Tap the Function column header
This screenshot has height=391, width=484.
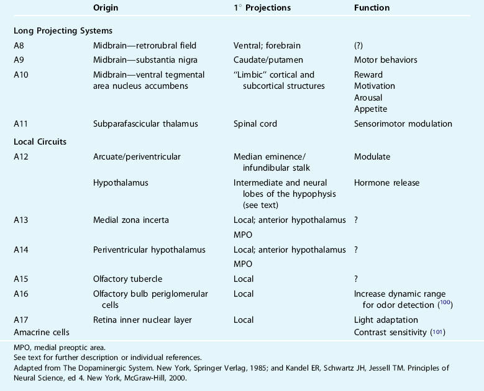(x=372, y=8)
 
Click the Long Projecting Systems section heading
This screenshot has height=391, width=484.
(x=63, y=30)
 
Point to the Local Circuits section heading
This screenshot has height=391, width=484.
(x=40, y=142)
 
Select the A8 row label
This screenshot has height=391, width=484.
(x=21, y=45)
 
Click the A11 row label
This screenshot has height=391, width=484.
(x=21, y=124)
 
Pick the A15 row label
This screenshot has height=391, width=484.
(x=21, y=279)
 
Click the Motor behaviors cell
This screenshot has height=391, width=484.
(x=385, y=60)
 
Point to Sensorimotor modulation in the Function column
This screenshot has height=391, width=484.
(x=403, y=124)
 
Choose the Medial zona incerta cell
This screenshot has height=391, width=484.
(x=130, y=220)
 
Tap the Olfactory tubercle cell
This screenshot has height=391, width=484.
(x=124, y=279)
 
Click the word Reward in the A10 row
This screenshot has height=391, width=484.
(x=368, y=74)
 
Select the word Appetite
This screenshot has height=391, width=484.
(x=370, y=109)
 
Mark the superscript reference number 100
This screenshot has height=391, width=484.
(x=444, y=303)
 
